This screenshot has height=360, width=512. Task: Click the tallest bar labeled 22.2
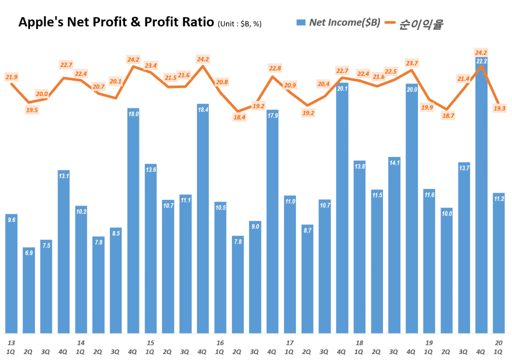click(481, 200)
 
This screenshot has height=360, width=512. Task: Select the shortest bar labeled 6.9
click(29, 290)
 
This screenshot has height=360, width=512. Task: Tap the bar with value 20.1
click(342, 210)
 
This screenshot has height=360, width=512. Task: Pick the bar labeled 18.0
click(133, 220)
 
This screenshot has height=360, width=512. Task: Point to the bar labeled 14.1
click(394, 245)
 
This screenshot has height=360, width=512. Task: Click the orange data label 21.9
click(12, 76)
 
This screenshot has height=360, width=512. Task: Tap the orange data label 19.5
click(31, 110)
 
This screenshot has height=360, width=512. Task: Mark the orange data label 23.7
click(411, 63)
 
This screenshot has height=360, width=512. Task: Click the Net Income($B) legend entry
click(338, 22)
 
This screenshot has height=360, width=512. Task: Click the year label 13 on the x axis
click(11, 343)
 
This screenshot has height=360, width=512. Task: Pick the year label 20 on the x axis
click(498, 343)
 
